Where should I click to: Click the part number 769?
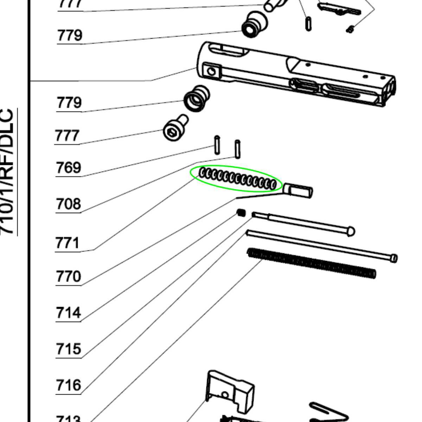68,168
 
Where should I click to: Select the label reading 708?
68,204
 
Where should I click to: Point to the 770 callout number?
68,277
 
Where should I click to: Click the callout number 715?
68,349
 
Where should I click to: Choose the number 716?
68,385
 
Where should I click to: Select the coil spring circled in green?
237,179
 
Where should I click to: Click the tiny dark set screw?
241,213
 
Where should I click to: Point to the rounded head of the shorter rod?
350,231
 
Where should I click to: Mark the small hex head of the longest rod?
394,258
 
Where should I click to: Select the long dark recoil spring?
312,263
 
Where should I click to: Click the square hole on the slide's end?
211,71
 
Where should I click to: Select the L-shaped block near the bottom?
230,390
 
